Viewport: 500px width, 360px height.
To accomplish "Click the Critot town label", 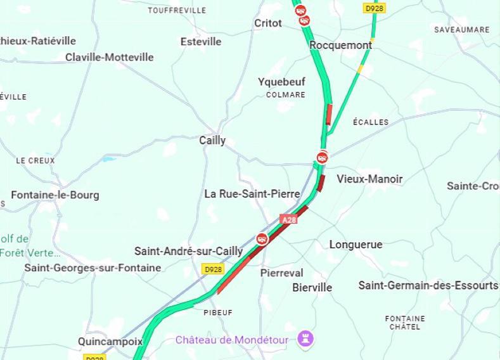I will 267,23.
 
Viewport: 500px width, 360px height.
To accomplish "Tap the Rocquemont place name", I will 340,45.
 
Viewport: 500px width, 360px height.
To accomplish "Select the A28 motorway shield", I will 288,219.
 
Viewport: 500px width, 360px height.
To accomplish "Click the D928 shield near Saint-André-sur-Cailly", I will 213,269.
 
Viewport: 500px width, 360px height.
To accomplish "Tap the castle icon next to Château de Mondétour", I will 306,340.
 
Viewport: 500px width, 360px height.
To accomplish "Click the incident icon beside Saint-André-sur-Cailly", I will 262,238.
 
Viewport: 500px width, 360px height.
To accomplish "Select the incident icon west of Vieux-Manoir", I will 323,157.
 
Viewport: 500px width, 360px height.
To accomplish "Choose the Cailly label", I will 212,140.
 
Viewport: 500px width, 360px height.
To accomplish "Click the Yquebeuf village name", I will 281,82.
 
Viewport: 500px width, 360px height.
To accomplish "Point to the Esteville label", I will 201,41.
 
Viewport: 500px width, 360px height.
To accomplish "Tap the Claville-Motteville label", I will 110,57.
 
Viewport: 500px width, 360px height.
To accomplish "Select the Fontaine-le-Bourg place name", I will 55,195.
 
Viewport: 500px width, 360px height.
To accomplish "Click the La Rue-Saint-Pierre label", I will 252,193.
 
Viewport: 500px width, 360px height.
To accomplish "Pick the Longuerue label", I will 356,244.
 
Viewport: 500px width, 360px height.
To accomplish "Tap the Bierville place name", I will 312,287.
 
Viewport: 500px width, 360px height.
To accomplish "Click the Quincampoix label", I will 110,341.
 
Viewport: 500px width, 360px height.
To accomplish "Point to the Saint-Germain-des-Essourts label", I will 428,285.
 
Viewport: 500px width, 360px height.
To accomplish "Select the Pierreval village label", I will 282,273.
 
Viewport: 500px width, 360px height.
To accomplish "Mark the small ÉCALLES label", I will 371,122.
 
